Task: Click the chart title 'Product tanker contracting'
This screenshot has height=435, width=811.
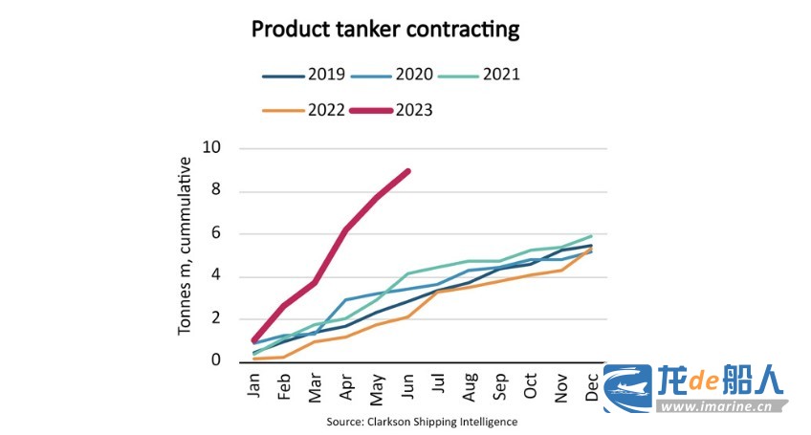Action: click(x=385, y=30)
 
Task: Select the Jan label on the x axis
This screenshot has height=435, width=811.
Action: click(x=253, y=382)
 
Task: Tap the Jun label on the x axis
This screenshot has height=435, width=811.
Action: click(x=408, y=382)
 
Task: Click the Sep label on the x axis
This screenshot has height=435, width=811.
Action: click(x=500, y=382)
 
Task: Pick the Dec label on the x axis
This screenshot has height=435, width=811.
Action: click(x=592, y=382)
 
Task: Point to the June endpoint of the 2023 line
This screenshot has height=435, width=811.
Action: click(x=408, y=171)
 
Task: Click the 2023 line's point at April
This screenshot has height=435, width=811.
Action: click(x=345, y=230)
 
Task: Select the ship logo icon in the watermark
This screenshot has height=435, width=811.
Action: click(x=626, y=389)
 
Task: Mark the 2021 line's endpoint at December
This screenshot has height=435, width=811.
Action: click(x=592, y=235)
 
